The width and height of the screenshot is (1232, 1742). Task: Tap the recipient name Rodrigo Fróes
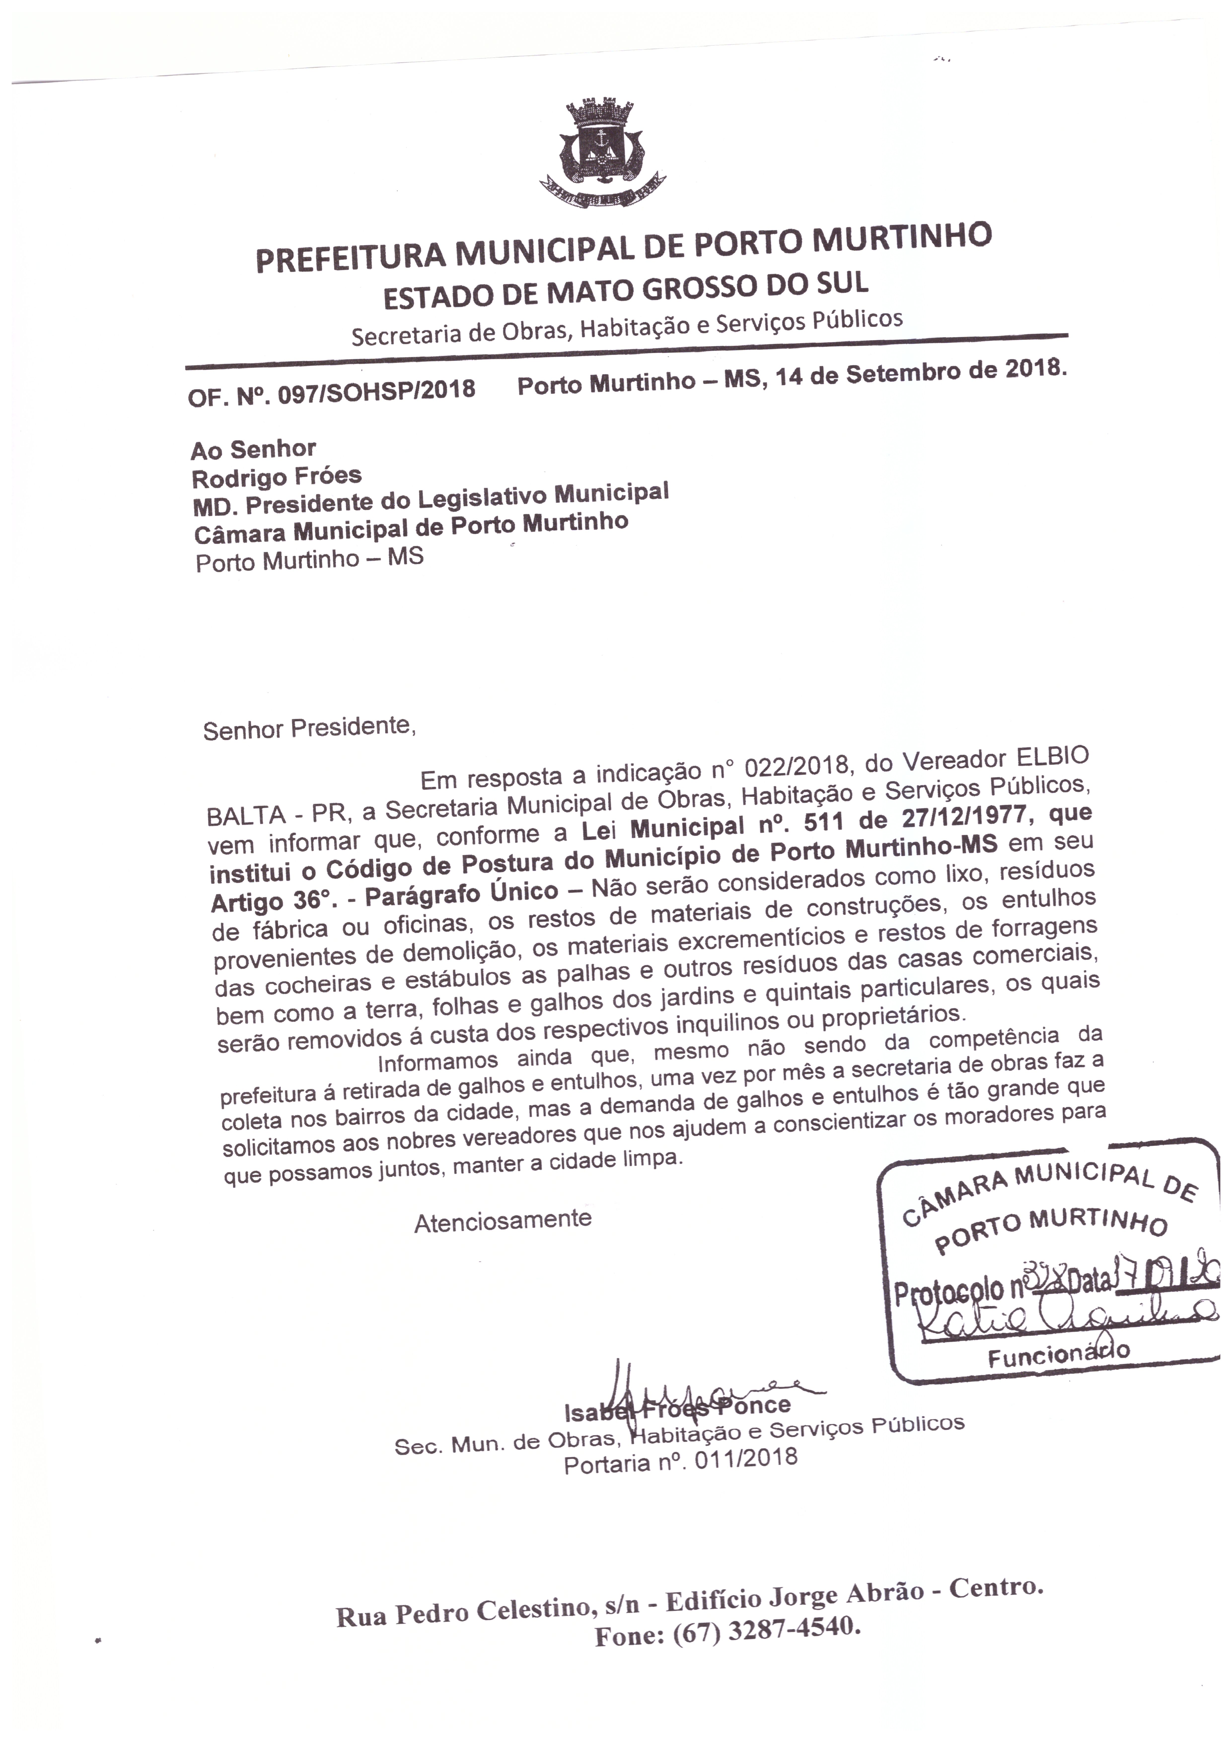coord(277,478)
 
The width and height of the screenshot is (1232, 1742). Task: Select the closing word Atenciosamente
coord(502,1221)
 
